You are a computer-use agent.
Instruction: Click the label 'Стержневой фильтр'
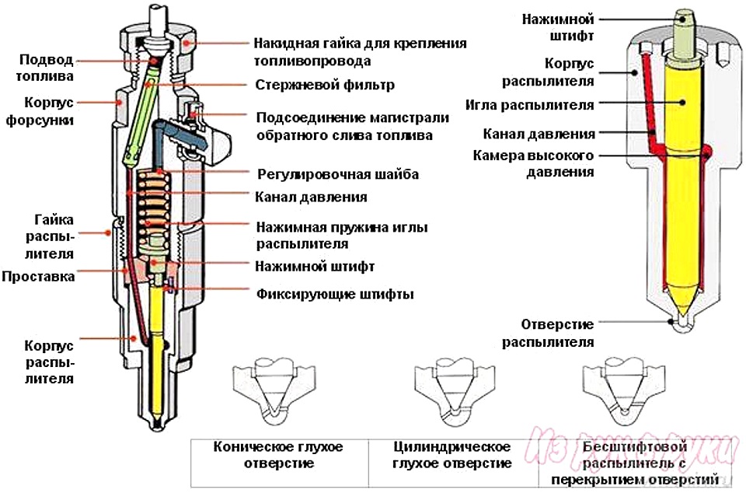point(324,85)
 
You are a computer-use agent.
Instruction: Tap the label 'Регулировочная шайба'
point(337,174)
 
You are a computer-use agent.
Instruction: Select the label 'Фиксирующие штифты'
point(334,295)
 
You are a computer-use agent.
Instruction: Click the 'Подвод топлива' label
point(47,68)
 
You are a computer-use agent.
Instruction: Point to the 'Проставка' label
point(38,276)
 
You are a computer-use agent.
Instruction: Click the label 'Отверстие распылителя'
point(547,332)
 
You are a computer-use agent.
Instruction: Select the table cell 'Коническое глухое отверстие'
point(277,456)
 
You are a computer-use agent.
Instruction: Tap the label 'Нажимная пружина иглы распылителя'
point(342,234)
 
